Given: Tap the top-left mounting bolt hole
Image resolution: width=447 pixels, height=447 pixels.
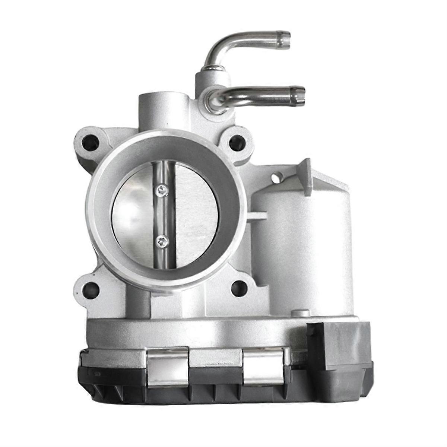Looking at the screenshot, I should pos(91,142).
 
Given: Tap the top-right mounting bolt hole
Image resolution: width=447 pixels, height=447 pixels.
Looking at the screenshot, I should pos(237,142).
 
